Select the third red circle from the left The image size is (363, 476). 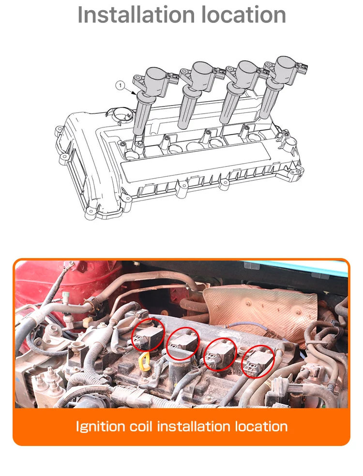pyautogui.click(x=220, y=355)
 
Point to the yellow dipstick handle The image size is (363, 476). pyautogui.click(x=143, y=360)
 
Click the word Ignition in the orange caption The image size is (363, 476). pyautogui.click(x=99, y=427)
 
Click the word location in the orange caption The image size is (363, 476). pyautogui.click(x=261, y=427)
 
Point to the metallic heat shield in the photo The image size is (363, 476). pyautogui.click(x=261, y=310)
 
